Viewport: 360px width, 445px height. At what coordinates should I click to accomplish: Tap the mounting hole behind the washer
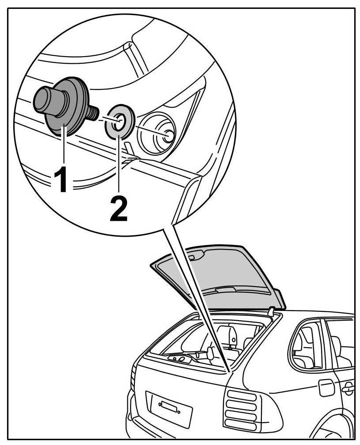(169, 135)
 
